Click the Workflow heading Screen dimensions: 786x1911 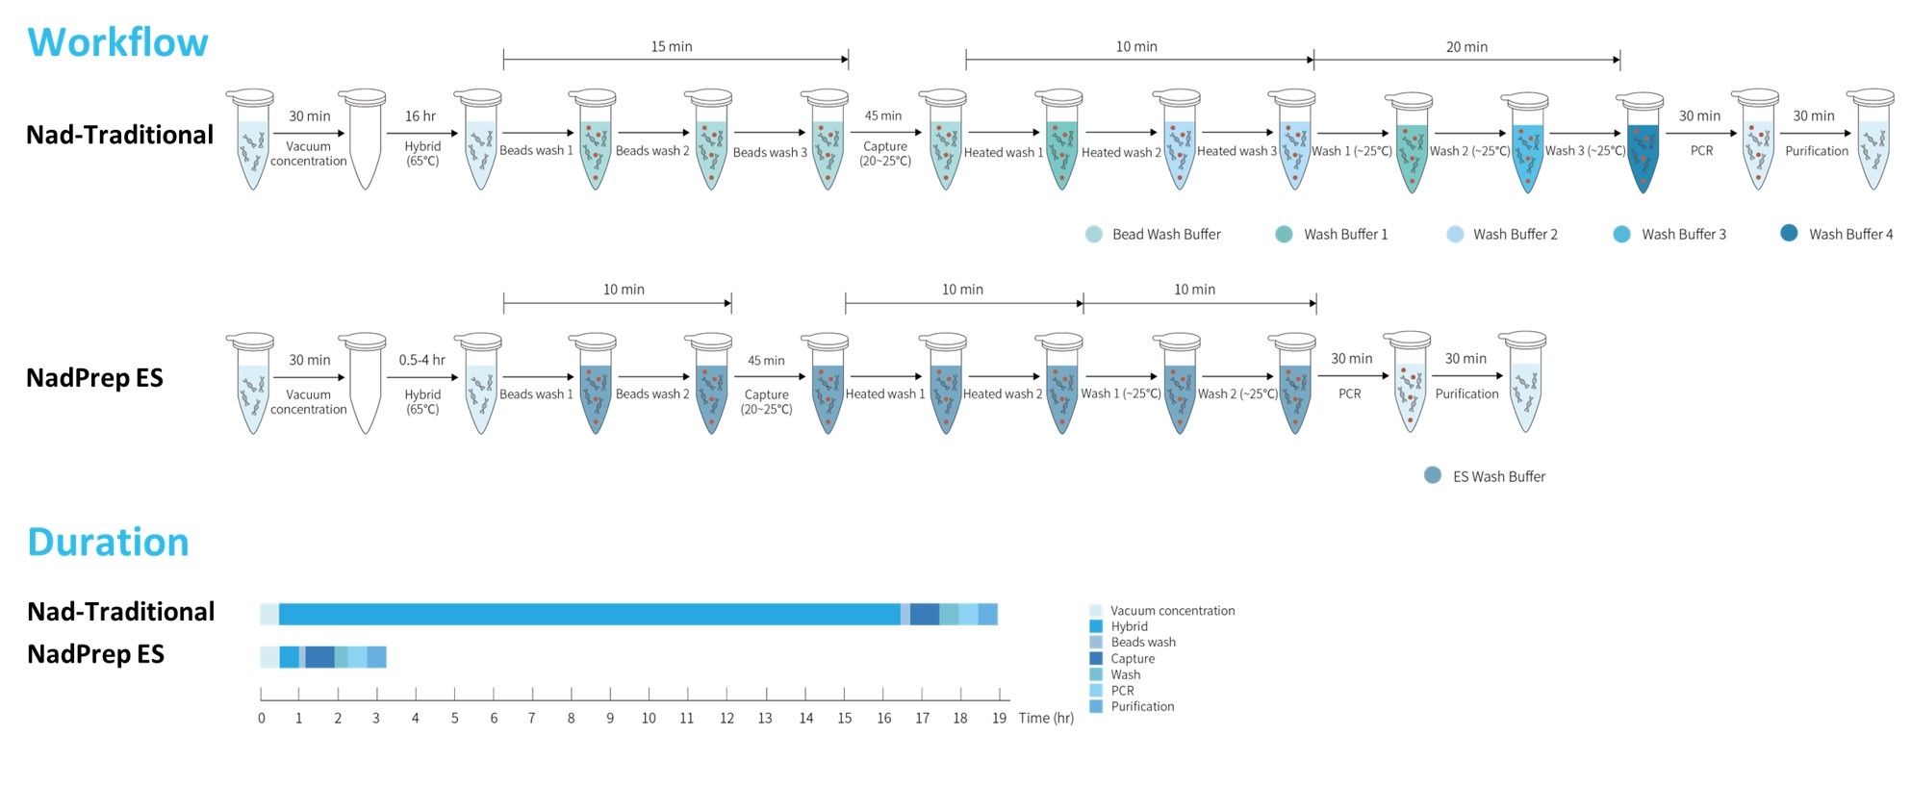point(117,42)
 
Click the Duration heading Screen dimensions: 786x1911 point(108,543)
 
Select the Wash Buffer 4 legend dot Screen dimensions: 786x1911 point(1789,233)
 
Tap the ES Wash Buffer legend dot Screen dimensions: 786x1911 point(1433,475)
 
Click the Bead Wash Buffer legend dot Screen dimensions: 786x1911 point(1094,234)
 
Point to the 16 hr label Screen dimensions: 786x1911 point(420,116)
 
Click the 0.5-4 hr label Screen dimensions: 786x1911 point(421,360)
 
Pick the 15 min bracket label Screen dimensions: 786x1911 point(672,46)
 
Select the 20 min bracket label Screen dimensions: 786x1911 point(1466,46)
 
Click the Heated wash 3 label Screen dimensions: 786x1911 point(1236,151)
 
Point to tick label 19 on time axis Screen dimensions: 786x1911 point(1000,718)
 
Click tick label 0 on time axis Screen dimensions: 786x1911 point(262,718)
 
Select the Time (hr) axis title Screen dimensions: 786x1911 point(1046,718)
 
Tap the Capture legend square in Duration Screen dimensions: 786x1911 point(1096,658)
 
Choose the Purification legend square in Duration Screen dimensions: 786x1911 point(1096,706)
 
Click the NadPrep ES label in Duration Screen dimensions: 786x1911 point(95,654)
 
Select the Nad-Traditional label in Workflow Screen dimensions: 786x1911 point(119,135)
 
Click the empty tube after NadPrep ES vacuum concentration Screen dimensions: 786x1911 point(365,385)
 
